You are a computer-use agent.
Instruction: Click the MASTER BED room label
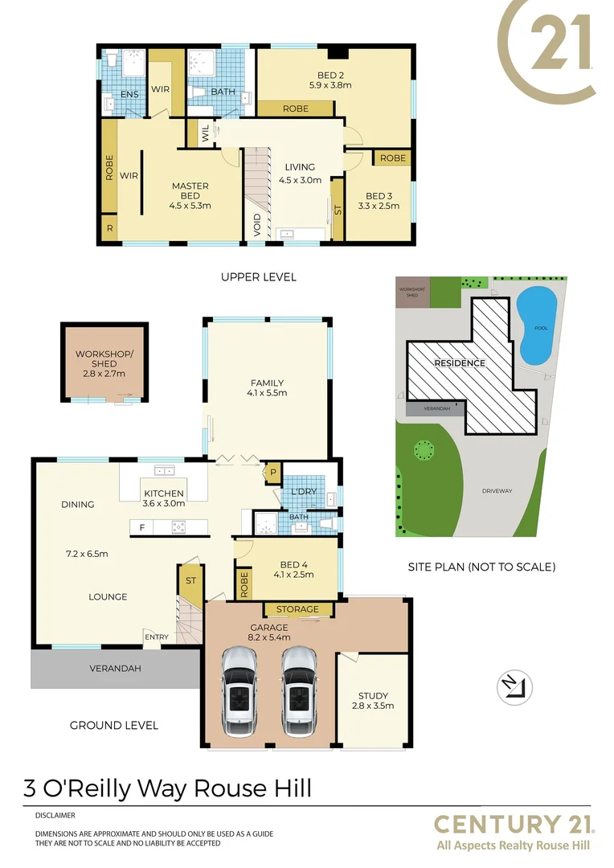click(x=190, y=186)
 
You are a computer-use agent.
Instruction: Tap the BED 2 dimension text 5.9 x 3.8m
click(x=330, y=84)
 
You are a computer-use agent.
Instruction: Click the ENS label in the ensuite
click(x=129, y=95)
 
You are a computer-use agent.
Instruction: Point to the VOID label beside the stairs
click(x=256, y=223)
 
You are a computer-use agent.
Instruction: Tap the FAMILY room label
click(x=267, y=383)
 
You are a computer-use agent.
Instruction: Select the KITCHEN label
click(x=164, y=493)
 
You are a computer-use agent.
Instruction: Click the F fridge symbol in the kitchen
click(x=142, y=528)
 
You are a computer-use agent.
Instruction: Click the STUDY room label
click(x=373, y=696)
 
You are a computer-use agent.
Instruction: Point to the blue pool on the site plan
click(x=537, y=323)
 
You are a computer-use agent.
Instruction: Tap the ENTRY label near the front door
click(x=157, y=637)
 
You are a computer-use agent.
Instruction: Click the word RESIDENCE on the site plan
click(x=460, y=363)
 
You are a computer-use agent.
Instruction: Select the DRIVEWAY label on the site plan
click(x=497, y=491)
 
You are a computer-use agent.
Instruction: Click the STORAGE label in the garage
click(x=297, y=610)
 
